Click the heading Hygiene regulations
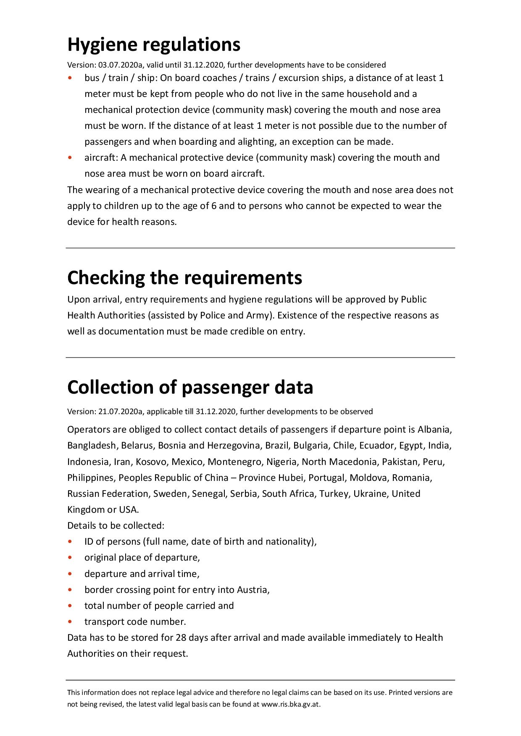154,44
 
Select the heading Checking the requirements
184,278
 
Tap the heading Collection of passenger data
190,387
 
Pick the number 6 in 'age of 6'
214,206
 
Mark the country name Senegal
208,494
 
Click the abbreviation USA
128,510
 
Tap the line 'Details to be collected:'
116,526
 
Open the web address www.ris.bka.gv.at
290,705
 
